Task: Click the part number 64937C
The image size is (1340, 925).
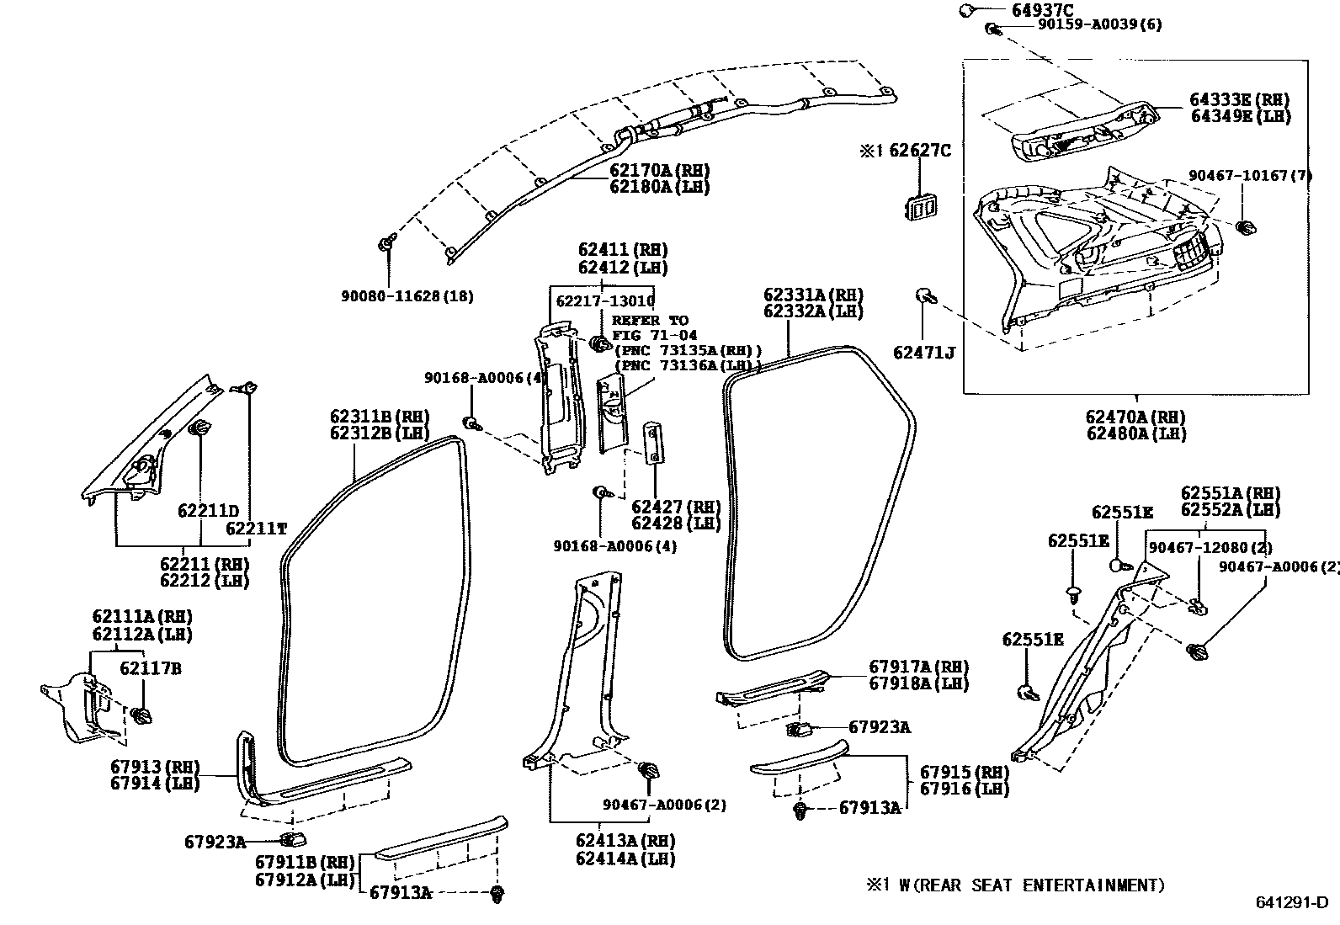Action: tap(1020, 10)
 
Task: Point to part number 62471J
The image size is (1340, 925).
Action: tap(923, 353)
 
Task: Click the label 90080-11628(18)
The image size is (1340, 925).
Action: tap(407, 296)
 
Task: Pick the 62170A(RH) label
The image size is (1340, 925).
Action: tap(660, 168)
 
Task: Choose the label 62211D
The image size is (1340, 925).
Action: tap(208, 511)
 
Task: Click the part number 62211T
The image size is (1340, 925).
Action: tap(257, 529)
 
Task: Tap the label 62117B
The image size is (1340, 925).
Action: tap(150, 669)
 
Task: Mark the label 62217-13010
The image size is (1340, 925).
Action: tap(605, 301)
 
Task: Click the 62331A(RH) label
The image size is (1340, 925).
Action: tap(814, 295)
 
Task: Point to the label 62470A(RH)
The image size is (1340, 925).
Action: tap(1135, 417)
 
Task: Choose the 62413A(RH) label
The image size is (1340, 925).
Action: tap(625, 840)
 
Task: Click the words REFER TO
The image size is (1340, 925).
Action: tap(650, 321)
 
